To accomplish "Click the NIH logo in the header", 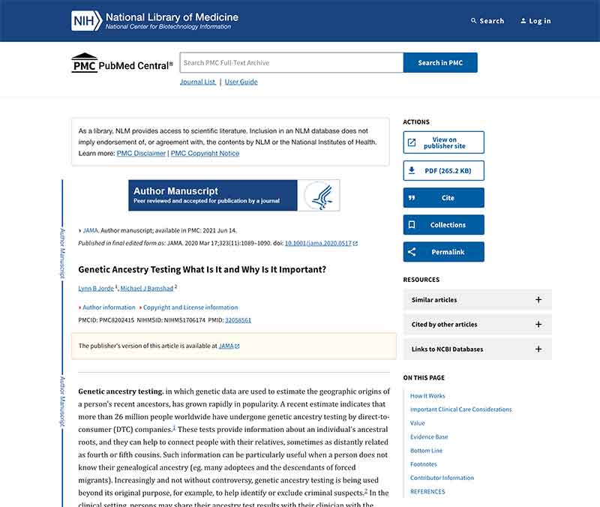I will [x=87, y=21].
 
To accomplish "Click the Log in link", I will [x=535, y=21].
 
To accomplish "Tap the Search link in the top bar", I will [x=487, y=21].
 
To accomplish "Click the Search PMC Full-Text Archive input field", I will [x=291, y=63].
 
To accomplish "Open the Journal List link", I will [x=197, y=82].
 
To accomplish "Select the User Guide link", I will [x=241, y=82].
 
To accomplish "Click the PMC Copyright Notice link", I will [x=205, y=153].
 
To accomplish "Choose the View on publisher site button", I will [x=443, y=142].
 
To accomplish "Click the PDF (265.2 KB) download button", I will [x=443, y=170].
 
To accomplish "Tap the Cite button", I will [x=443, y=198].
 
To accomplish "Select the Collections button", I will [x=443, y=225].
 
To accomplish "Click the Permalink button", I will [x=443, y=252].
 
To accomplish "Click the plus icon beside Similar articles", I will [x=538, y=300].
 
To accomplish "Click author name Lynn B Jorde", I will [x=96, y=288].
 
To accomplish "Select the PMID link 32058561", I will [x=238, y=320].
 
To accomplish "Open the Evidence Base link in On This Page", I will [x=429, y=436].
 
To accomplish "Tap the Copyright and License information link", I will [x=190, y=307].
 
